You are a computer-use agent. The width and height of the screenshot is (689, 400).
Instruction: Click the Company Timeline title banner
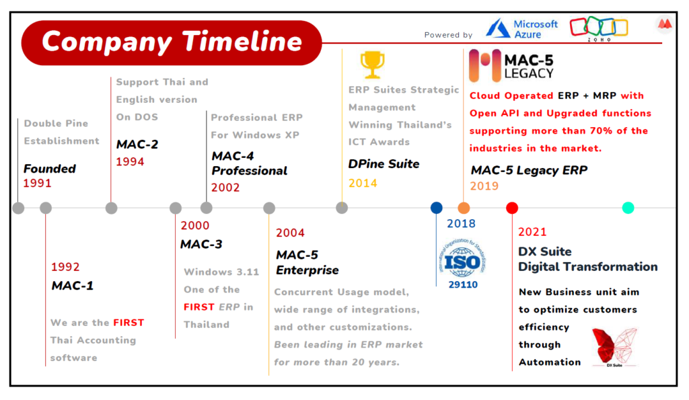tap(172, 42)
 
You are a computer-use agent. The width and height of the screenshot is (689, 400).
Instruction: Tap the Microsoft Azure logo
tap(521, 29)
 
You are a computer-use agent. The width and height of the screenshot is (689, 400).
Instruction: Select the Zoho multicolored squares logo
tap(599, 28)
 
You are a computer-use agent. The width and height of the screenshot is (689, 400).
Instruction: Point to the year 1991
tap(38, 183)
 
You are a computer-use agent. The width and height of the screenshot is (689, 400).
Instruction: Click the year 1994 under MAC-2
tap(130, 162)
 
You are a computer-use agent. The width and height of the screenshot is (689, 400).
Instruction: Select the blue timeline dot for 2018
tap(436, 208)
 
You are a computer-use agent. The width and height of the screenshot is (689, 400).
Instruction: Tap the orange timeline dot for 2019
tap(464, 208)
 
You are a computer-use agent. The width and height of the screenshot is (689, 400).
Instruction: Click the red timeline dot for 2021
tap(512, 208)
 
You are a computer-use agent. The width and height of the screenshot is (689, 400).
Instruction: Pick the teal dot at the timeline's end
tap(628, 208)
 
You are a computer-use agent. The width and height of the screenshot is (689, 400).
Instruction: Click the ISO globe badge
tap(463, 260)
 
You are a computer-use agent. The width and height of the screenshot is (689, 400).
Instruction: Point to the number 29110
tap(463, 284)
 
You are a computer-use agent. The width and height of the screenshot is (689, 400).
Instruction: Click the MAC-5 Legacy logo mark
tap(485, 65)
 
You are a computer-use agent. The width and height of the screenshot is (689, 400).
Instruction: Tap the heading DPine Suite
tap(384, 164)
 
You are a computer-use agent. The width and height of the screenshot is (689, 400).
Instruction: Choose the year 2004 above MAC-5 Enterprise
tap(290, 233)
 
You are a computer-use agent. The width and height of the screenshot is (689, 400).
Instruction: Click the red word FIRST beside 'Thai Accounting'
tap(129, 323)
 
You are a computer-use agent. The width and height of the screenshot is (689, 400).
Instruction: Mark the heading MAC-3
tap(201, 244)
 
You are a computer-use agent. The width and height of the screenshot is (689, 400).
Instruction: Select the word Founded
tap(50, 169)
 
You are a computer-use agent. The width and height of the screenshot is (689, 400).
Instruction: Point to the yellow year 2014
tap(363, 184)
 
